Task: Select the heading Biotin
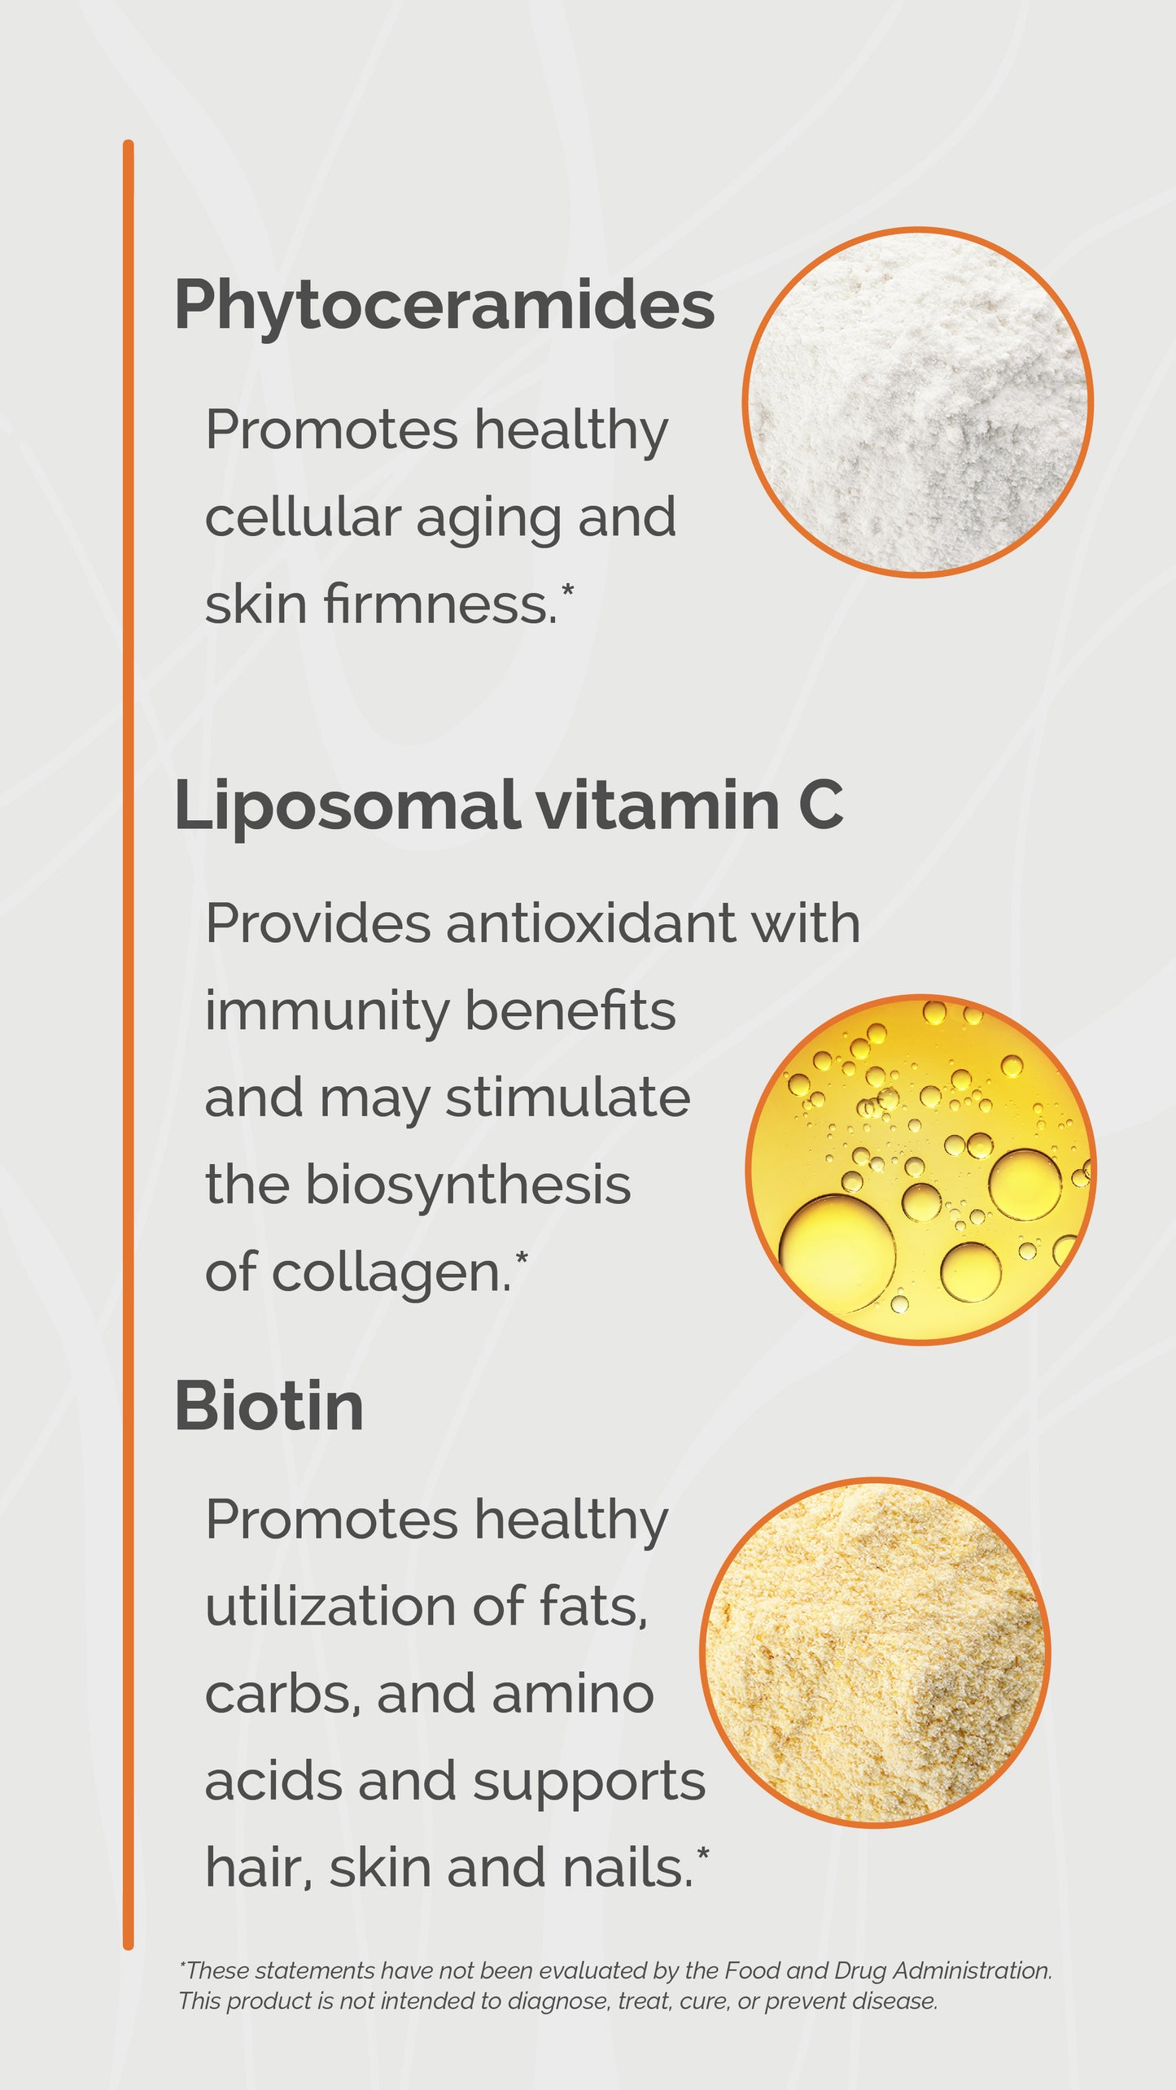click(269, 1407)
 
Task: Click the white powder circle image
click(917, 402)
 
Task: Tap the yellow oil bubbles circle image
click(920, 1169)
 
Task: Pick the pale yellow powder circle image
click(875, 1652)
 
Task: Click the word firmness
click(440, 604)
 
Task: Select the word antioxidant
click(590, 924)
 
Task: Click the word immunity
click(326, 1011)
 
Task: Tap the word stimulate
click(567, 1098)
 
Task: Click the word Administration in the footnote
click(972, 1970)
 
